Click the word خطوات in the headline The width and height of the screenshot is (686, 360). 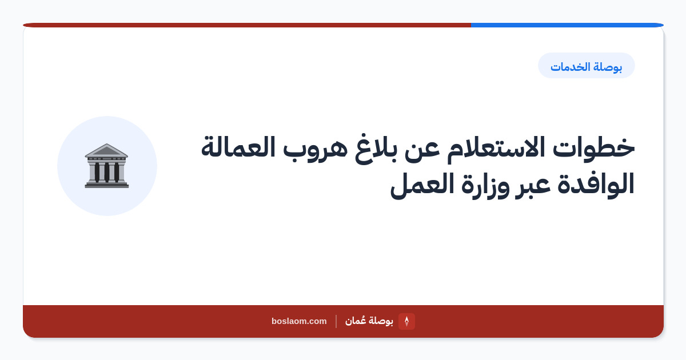tap(593, 148)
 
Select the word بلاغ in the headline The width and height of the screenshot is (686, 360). tap(376, 149)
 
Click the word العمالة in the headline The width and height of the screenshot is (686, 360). tap(238, 147)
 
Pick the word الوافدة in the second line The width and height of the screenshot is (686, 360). tap(595, 183)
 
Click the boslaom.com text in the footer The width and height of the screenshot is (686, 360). tap(299, 321)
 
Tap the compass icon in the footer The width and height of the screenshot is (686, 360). tap(406, 321)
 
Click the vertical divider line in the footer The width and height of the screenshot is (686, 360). tap(336, 321)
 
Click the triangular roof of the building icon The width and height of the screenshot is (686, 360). tap(106, 150)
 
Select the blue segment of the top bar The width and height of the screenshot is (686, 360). tap(567, 25)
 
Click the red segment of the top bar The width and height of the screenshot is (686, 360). tap(247, 25)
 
